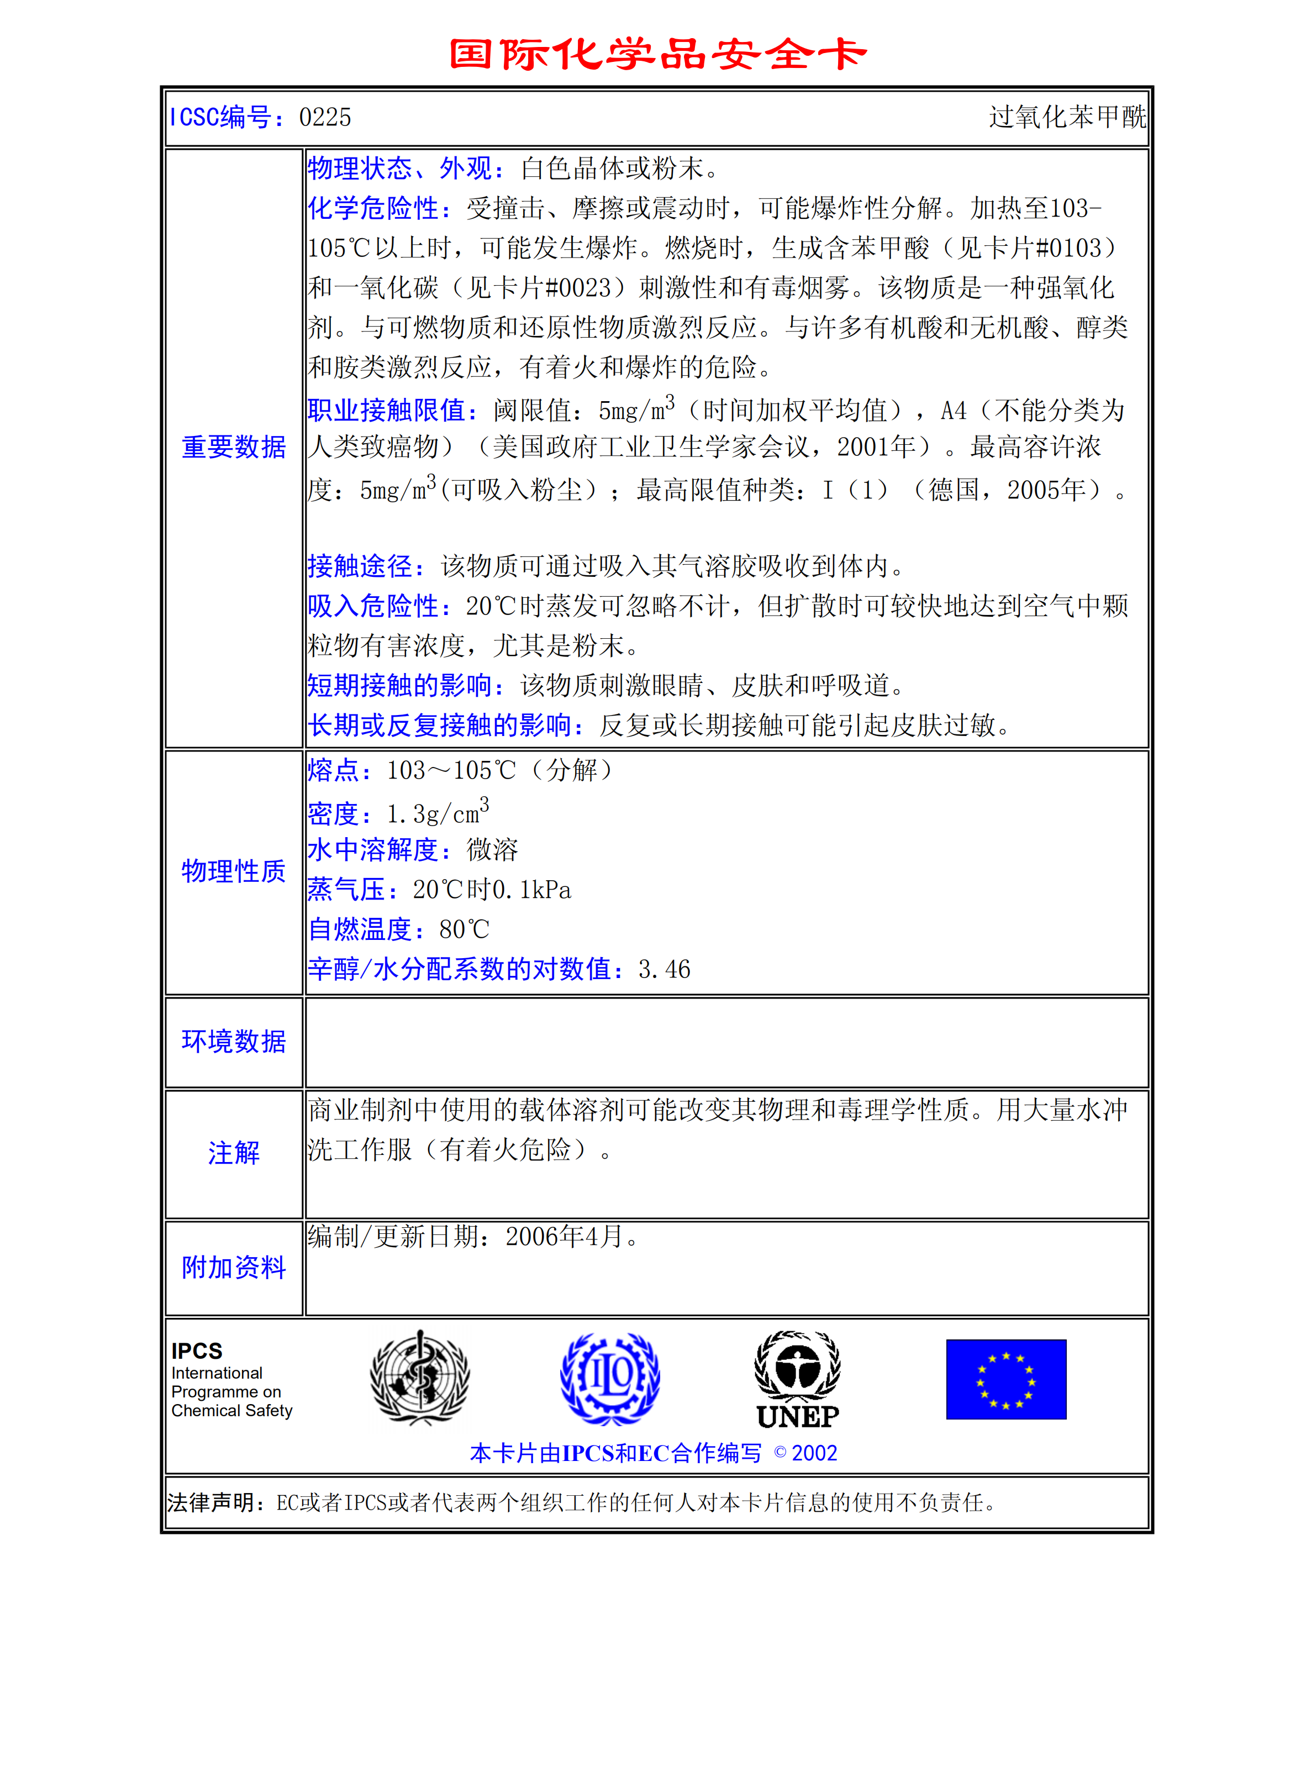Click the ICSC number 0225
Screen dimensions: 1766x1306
tap(325, 118)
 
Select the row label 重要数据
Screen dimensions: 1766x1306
tap(234, 448)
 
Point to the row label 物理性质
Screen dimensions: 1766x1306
tap(234, 871)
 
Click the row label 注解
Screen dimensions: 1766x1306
tap(234, 1153)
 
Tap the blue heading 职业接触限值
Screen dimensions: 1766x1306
tap(392, 410)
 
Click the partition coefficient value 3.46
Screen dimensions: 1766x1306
tap(664, 970)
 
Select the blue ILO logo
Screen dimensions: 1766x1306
tap(609, 1378)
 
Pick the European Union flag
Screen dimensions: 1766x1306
tap(1005, 1379)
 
